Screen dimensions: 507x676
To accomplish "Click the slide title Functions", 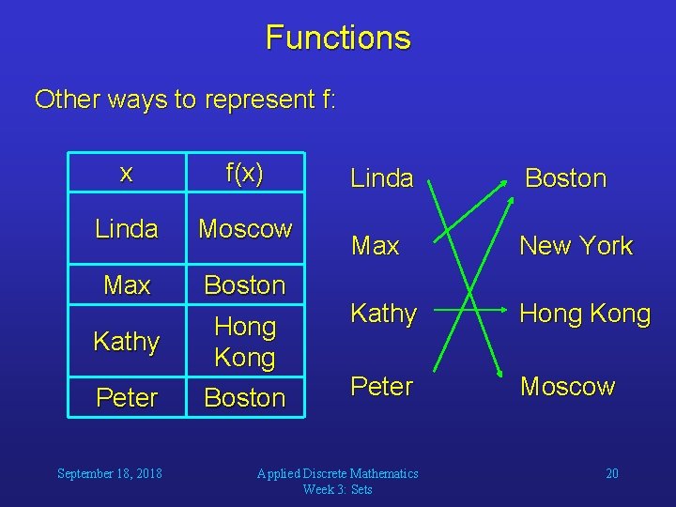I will pyautogui.click(x=338, y=38).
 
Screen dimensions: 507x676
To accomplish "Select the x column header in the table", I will pyautogui.click(x=127, y=174).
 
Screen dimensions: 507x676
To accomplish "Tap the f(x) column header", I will pyautogui.click(x=245, y=174).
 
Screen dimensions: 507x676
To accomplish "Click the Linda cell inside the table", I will pyautogui.click(x=127, y=229).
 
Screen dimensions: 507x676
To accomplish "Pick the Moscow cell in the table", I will pyautogui.click(x=245, y=228).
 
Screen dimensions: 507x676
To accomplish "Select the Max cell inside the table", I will pyautogui.click(x=127, y=284).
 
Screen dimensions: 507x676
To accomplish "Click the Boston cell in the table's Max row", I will pyautogui.click(x=245, y=284).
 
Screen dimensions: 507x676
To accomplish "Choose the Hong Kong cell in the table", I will pyautogui.click(x=245, y=342).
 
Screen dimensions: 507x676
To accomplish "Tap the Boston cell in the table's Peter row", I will pyautogui.click(x=245, y=397).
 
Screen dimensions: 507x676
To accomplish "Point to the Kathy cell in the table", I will pyautogui.click(x=127, y=342).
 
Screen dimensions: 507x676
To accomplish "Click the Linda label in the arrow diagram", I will pyautogui.click(x=381, y=178).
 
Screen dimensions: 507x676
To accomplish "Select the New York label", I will pyautogui.click(x=576, y=246).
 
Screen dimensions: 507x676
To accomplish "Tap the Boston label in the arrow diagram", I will pyautogui.click(x=565, y=178).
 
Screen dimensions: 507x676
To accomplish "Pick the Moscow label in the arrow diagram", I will pyautogui.click(x=568, y=387).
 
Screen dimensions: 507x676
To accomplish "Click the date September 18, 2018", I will pyautogui.click(x=109, y=473).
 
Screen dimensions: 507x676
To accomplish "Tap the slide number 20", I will pyautogui.click(x=611, y=473).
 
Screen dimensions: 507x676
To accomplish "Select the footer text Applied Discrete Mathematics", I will pyautogui.click(x=338, y=473).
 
